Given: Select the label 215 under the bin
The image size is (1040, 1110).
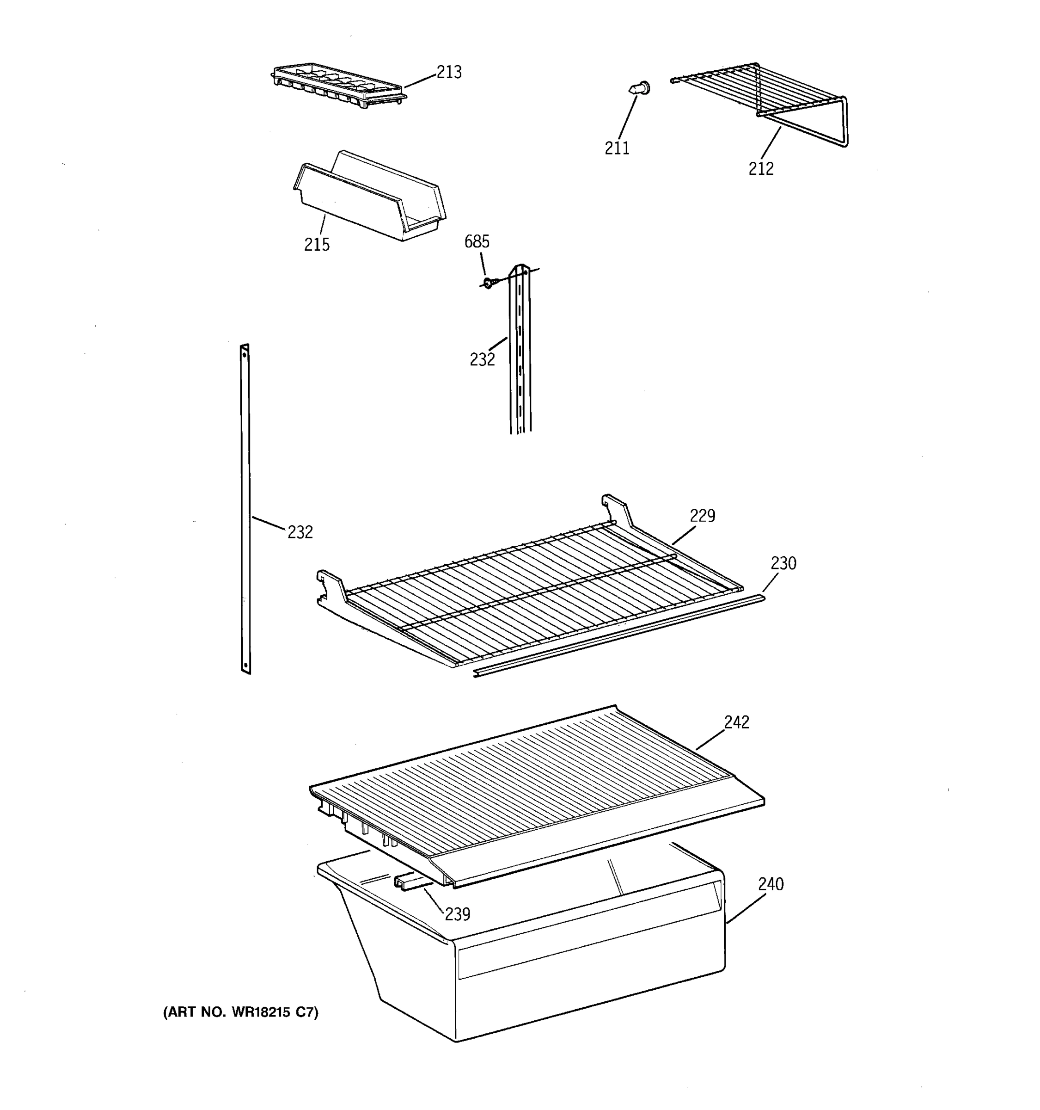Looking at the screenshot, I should (x=316, y=245).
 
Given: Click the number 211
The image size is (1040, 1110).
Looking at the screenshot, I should (x=617, y=148).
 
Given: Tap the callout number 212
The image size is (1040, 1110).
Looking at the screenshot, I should (x=761, y=169).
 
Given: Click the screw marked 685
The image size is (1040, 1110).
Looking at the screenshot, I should (x=488, y=283).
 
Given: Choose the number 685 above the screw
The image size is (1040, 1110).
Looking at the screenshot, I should (x=477, y=242).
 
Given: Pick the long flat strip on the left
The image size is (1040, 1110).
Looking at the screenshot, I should (x=245, y=508).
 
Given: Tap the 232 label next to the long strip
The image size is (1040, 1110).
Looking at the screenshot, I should (x=300, y=533).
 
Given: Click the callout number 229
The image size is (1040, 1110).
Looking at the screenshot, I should (x=702, y=516).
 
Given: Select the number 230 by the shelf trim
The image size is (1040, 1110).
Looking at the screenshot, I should (x=783, y=563).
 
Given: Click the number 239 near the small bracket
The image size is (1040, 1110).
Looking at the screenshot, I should (x=457, y=914).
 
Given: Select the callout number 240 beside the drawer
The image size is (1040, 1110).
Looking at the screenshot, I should (x=771, y=884).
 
